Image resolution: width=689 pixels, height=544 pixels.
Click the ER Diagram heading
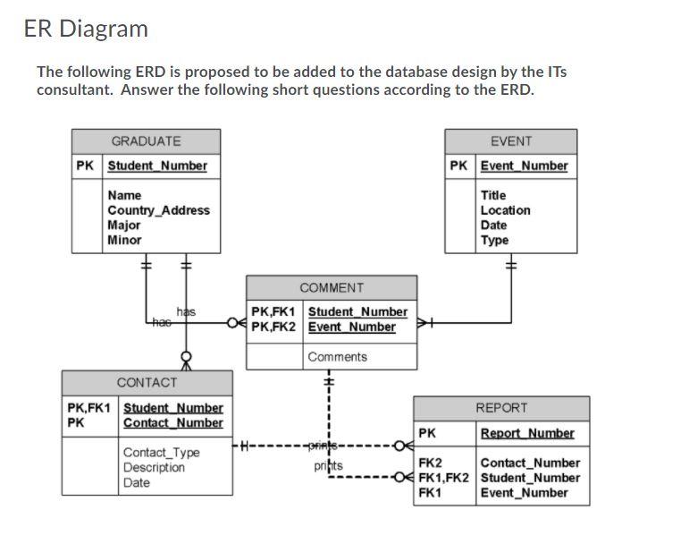coord(86,29)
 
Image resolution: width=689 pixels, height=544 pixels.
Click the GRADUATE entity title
coord(146,141)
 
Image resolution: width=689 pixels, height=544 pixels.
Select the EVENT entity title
coord(511,141)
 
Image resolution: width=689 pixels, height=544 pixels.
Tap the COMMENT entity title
coord(332,288)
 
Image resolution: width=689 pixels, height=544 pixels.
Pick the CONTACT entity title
coord(147,382)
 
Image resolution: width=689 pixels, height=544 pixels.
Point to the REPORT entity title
coord(501,408)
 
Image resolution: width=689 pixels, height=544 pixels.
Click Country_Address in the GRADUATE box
coord(158,210)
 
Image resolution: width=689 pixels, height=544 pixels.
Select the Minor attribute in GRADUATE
coord(124,240)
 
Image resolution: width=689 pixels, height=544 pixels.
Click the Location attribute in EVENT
coord(505,210)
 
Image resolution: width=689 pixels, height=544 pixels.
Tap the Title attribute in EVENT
coord(493,195)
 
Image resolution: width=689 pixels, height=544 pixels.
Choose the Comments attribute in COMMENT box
coord(337,357)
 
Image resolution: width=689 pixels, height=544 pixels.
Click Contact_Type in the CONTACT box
coord(161,453)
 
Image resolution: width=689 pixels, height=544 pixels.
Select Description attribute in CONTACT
coord(154,468)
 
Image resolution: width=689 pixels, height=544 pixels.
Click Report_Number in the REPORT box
coord(527,434)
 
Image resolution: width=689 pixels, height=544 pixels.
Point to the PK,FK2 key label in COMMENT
coord(273,327)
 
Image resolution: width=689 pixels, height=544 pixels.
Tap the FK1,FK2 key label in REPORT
coord(443,478)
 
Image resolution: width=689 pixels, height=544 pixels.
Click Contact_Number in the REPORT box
coord(530,463)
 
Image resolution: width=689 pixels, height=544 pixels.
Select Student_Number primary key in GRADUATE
coord(157,166)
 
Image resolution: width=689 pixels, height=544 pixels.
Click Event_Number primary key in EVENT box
coord(524,166)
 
